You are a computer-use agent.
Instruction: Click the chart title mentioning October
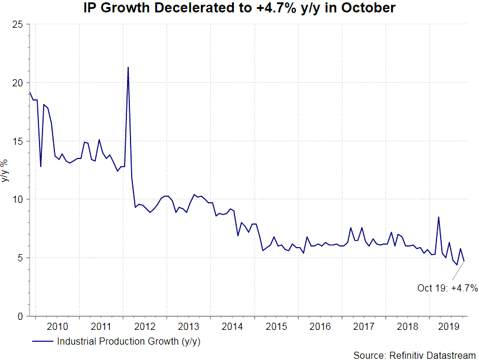click(239, 8)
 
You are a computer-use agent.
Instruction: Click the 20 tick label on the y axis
click(18, 83)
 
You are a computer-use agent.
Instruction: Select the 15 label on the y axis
click(18, 141)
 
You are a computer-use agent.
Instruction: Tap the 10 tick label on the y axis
click(18, 199)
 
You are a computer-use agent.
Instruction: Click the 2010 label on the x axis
click(57, 326)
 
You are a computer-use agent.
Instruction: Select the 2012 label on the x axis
click(145, 326)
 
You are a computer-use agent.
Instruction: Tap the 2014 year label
click(232, 326)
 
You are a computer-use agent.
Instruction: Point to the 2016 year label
click(320, 326)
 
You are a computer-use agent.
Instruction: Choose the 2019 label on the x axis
click(450, 326)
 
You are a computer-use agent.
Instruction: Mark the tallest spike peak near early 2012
click(128, 67)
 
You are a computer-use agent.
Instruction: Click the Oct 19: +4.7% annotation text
click(447, 288)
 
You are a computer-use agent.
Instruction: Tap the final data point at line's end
click(464, 261)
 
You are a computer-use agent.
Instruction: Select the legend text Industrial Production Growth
click(129, 341)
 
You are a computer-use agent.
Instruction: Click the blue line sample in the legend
click(42, 341)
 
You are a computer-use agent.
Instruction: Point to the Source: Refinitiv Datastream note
click(415, 355)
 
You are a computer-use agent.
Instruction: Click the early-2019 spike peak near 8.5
click(438, 217)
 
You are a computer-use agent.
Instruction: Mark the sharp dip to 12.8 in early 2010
click(41, 166)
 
